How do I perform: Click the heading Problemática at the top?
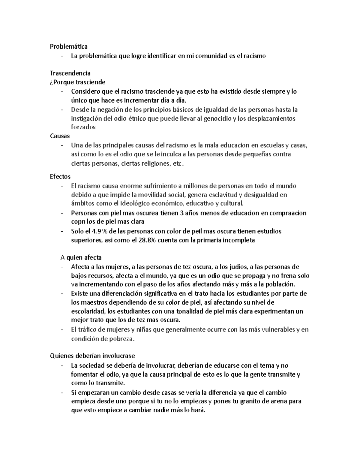(x=69, y=47)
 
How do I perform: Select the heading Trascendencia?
(x=70, y=73)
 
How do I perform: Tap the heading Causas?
(x=60, y=136)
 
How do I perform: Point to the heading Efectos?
(x=60, y=176)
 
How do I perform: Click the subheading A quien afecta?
(x=81, y=257)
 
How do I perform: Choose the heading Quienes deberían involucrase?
(x=92, y=356)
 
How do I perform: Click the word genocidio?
(x=217, y=119)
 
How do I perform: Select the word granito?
(x=250, y=401)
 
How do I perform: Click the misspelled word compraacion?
(x=284, y=213)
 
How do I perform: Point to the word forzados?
(x=83, y=127)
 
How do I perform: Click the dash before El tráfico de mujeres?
(x=62, y=329)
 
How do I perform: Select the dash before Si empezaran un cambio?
(x=62, y=392)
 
